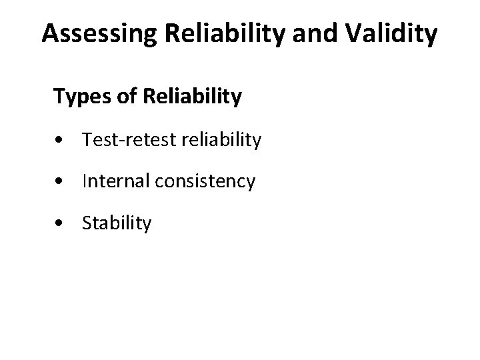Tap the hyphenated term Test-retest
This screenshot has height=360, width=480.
(x=122, y=140)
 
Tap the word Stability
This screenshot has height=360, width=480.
(x=117, y=223)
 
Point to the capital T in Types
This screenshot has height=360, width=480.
(x=58, y=97)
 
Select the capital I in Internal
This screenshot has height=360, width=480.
(x=85, y=181)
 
